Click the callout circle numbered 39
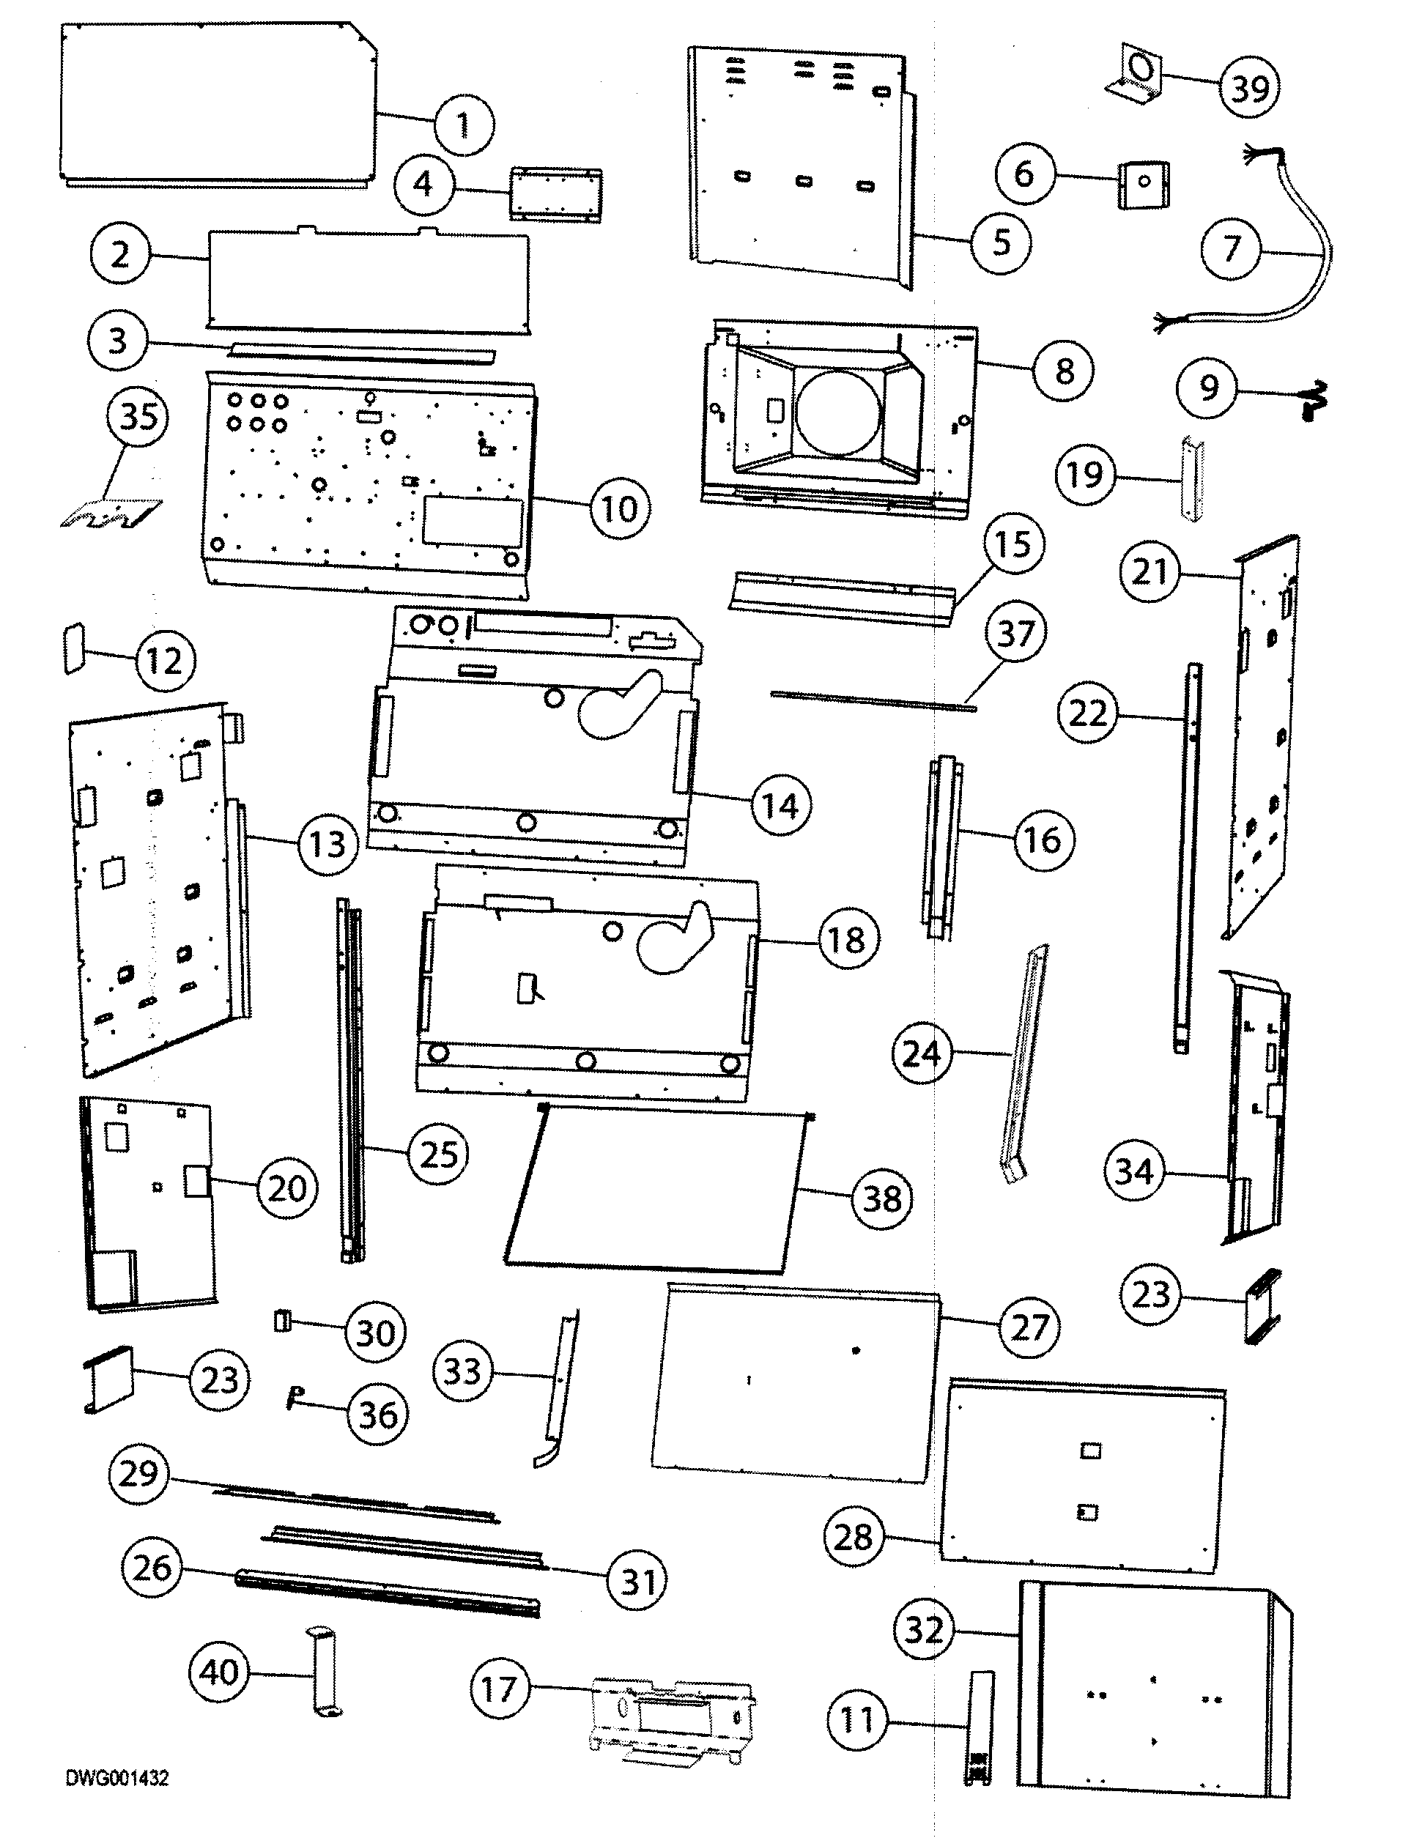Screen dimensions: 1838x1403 click(1250, 87)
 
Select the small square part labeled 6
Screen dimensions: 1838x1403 click(1142, 184)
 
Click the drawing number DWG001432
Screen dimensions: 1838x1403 click(118, 1778)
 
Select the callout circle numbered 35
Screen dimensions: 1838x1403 click(138, 416)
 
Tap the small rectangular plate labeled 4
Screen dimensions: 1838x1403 click(555, 195)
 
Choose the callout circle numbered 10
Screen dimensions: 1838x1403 click(619, 508)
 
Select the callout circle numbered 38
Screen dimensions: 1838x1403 click(882, 1199)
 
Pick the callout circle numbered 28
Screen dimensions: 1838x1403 click(853, 1536)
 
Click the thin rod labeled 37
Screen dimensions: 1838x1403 click(873, 700)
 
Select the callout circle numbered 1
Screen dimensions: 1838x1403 click(464, 125)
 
